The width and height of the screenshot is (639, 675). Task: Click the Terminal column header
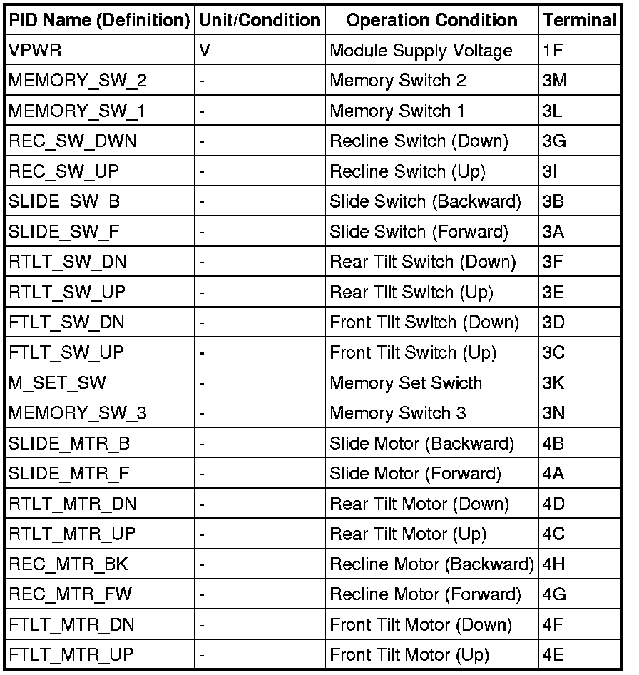point(580,21)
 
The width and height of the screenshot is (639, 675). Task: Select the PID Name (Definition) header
point(99,21)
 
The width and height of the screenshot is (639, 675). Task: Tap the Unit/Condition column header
point(260,21)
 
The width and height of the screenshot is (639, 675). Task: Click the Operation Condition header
point(431,21)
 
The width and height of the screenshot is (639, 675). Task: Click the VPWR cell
point(29,51)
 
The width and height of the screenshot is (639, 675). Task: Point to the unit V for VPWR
point(205,51)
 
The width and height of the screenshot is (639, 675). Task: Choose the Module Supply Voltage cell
point(421,51)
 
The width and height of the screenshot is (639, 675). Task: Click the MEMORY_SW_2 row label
point(78,81)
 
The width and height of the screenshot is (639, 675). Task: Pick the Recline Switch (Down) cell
point(419,141)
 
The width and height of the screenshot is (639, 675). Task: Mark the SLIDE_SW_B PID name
point(64,201)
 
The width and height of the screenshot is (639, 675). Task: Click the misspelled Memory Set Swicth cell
point(406,382)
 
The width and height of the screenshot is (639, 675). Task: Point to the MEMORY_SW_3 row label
point(78,413)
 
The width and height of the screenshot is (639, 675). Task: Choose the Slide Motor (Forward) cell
point(415,473)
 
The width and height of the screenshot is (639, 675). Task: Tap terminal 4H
point(553,564)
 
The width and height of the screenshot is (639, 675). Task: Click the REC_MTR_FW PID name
point(70,594)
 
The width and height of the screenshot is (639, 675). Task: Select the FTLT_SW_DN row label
point(66,323)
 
